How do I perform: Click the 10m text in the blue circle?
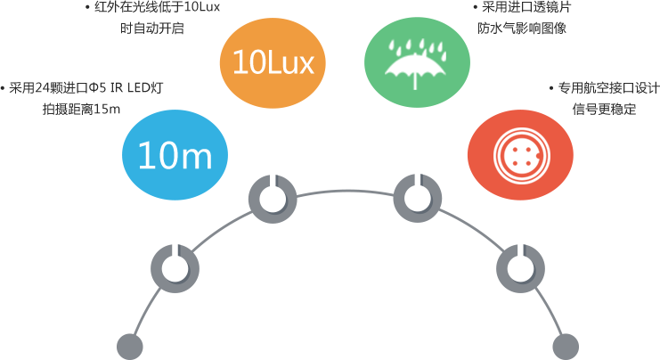coord(175,157)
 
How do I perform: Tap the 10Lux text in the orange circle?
coord(273,62)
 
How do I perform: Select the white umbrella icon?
coord(416,69)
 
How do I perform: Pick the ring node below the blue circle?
coord(175,268)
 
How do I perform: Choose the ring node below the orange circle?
coord(273,199)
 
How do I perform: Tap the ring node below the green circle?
coord(417,199)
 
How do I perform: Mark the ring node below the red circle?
coord(520,268)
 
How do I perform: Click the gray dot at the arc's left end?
coord(130,346)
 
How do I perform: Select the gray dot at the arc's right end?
coord(565,346)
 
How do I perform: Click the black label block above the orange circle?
coord(152,17)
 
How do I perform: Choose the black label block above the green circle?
coord(521,17)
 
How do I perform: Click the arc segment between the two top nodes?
coord(345,191)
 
